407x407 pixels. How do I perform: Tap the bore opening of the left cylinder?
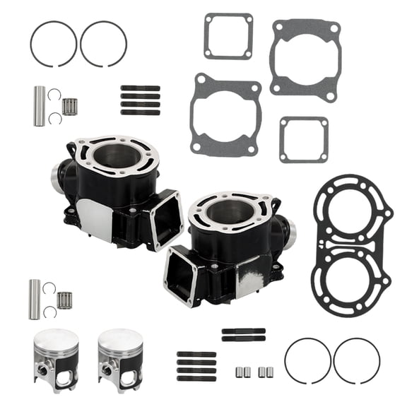pos(116,156)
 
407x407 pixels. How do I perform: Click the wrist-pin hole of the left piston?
pos(46,369)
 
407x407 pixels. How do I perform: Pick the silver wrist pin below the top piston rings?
pos(40,106)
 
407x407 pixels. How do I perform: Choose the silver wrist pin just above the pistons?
pos(34,299)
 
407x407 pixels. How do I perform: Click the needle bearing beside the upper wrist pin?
pos(69,106)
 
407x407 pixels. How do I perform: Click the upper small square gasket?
pos(228,36)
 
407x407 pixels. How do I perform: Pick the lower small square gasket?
pos(303,139)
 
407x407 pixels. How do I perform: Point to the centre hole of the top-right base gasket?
pos(304,59)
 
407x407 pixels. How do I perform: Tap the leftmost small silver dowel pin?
pos(242,371)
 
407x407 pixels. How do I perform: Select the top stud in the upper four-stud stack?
pos(140,88)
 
